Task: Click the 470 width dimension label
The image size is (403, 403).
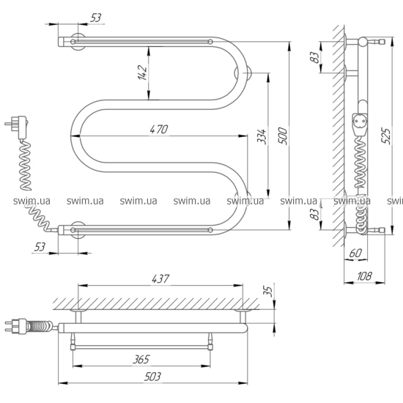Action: pos(159,129)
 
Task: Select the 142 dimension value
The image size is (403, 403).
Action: pos(142,73)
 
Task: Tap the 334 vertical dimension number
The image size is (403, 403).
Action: pos(262,136)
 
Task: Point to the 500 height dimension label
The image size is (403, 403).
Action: pos(282,136)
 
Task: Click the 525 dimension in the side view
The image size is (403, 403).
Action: pos(386,136)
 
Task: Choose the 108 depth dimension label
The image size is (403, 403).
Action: pos(364,276)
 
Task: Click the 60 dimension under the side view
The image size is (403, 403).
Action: pos(355,254)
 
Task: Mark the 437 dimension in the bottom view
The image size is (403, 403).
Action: pos(160,279)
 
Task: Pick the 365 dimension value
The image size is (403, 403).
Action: pos(141,359)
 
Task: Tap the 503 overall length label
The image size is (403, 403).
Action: pos(152,377)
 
